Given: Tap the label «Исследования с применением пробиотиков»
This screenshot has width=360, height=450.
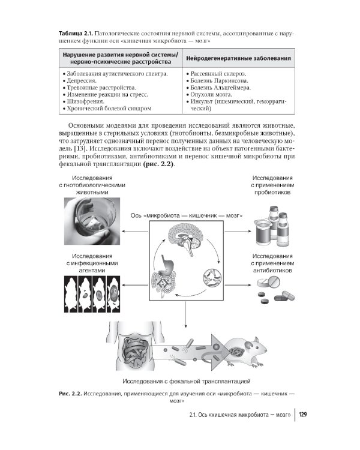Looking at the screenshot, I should (272, 186).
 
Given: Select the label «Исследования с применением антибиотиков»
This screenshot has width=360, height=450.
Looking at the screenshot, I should (272, 263).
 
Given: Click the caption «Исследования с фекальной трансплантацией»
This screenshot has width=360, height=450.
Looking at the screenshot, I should (185, 381).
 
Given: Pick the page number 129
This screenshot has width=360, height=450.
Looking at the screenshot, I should (302, 415).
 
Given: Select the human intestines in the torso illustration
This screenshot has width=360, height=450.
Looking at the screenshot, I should (134, 349).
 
